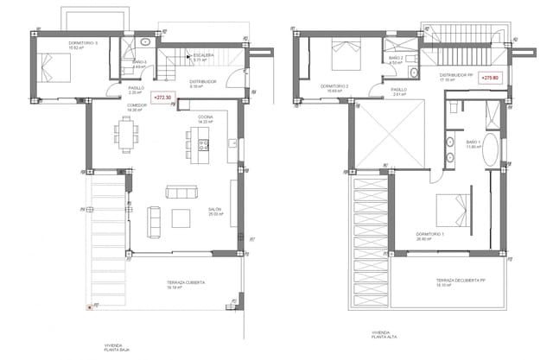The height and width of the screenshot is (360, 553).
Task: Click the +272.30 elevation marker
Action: [x=162, y=98]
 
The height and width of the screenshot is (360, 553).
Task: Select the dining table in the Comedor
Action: [x=127, y=134]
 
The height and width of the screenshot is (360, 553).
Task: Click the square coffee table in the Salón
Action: [x=181, y=218]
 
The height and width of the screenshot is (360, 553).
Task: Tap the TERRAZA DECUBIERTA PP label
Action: [x=459, y=281]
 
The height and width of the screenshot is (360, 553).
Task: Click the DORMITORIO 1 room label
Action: [x=429, y=234]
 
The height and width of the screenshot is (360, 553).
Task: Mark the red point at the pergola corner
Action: [x=88, y=306]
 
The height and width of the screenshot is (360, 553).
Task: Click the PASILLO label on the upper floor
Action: [x=398, y=90]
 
